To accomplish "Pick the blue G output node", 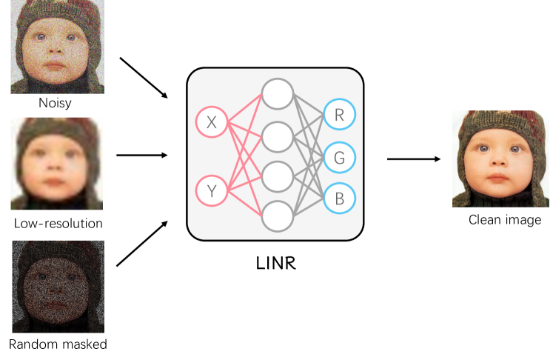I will (340, 156).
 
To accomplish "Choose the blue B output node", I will (340, 198).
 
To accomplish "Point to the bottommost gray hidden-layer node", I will (277, 216).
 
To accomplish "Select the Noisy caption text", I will (55, 103).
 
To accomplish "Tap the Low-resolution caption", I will (58, 223).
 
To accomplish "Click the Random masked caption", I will (58, 344).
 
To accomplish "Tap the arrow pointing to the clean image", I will (414, 159).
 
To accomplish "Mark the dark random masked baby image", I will (58, 286).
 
